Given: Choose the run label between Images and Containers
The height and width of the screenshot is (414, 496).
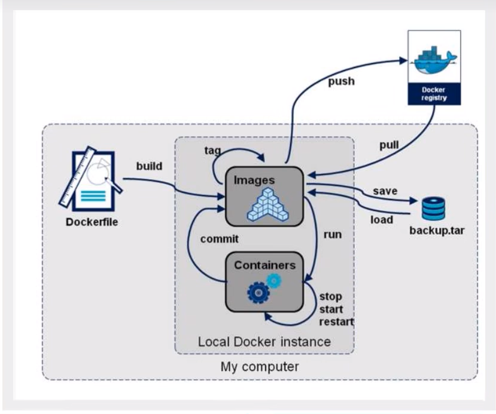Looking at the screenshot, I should (x=333, y=234).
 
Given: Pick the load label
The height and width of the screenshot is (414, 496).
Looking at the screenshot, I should (x=381, y=219).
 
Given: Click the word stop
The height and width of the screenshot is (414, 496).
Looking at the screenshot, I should (x=330, y=296).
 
